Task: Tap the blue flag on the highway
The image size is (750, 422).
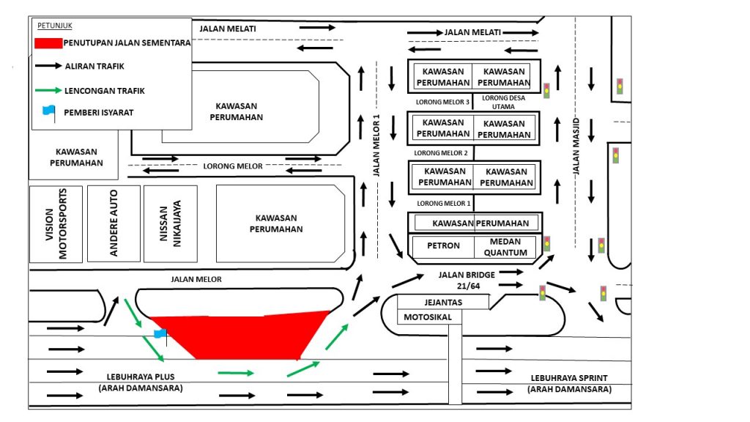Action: (160, 334)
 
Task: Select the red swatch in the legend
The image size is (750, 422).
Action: (48, 42)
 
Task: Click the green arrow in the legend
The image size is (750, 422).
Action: (48, 90)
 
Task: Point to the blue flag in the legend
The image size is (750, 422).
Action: (48, 111)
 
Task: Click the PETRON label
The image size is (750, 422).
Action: (443, 245)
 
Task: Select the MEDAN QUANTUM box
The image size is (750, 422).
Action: (505, 247)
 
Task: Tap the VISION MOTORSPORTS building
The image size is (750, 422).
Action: (56, 224)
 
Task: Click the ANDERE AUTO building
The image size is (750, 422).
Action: (114, 224)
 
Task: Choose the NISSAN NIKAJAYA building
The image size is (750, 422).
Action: (170, 224)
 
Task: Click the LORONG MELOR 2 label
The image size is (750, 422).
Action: (440, 153)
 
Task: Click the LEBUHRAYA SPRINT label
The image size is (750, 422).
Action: (569, 383)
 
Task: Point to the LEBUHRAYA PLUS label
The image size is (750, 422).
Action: (140, 382)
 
